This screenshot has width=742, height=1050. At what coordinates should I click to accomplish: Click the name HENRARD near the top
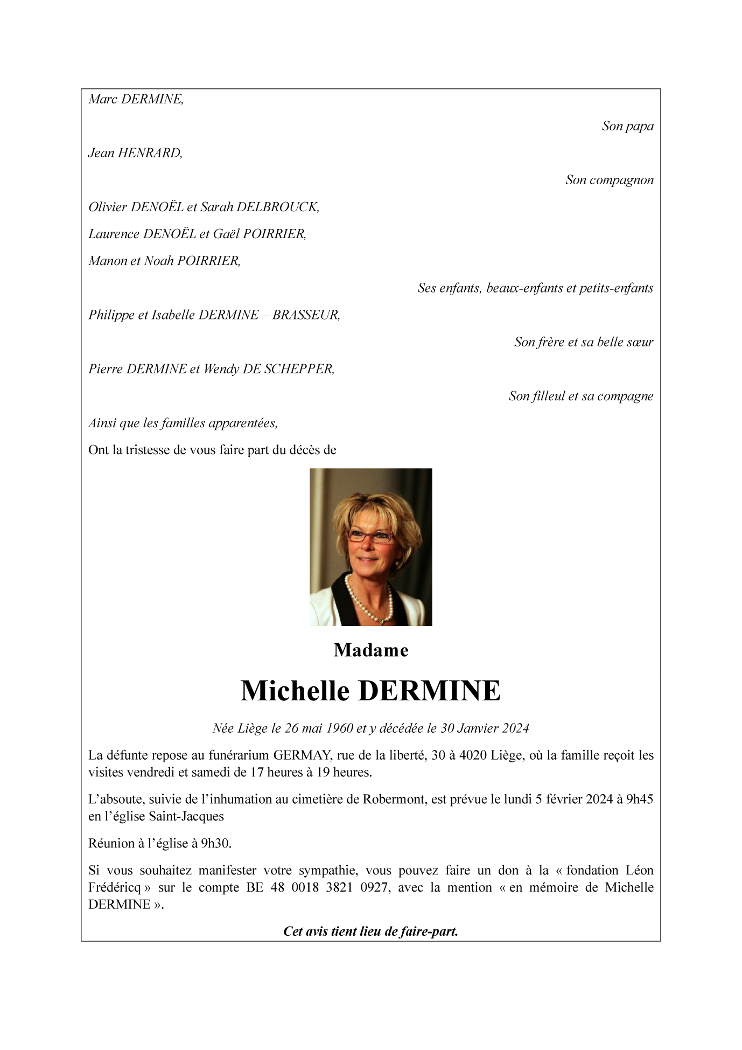point(150,153)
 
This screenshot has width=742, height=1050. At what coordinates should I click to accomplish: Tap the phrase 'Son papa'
point(627,126)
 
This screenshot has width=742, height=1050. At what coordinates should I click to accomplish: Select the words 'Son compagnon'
point(609,180)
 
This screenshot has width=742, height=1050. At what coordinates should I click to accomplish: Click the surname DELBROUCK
point(277,207)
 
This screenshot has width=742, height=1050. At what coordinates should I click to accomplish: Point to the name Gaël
point(226,234)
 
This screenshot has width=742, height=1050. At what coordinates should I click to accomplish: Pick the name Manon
point(108,261)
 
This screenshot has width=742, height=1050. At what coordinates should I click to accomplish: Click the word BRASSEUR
point(306,315)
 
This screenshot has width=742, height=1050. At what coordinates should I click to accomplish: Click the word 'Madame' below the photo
point(371,650)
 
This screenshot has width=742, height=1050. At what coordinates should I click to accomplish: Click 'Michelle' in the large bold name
point(295,691)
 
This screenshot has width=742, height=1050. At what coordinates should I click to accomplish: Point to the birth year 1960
point(339,728)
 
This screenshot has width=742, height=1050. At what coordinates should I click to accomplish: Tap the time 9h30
point(216,844)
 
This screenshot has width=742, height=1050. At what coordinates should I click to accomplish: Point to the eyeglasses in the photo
point(370,536)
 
